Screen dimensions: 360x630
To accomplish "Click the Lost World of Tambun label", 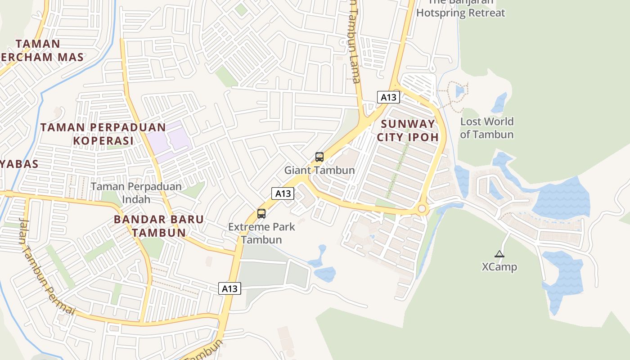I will tap(486, 128).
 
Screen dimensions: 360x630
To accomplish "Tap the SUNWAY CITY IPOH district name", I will tap(407, 130).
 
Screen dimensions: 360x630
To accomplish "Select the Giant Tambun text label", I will tap(319, 171).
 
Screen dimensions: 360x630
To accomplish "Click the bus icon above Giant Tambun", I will tap(319, 157).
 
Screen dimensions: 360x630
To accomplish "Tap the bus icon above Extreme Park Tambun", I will tap(261, 214).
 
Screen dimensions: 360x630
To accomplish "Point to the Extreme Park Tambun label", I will tap(261, 233).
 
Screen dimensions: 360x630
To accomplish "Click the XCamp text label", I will tap(499, 267).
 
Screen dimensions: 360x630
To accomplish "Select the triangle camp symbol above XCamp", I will tap(499, 254).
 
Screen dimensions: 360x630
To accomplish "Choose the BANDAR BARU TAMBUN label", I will tap(158, 226).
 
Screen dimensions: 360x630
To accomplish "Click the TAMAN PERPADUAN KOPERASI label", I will tap(103, 134).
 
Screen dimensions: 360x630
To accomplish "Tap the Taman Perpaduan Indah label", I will tap(136, 192).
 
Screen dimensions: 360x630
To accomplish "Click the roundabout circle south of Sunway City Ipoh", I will tap(422, 208).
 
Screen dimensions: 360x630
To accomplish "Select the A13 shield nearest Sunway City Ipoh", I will tap(388, 97).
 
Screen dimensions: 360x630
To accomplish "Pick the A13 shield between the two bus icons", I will tap(283, 193).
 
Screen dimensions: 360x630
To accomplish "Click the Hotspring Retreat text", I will tap(460, 13).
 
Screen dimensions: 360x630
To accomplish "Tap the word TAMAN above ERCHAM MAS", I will tap(38, 44).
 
